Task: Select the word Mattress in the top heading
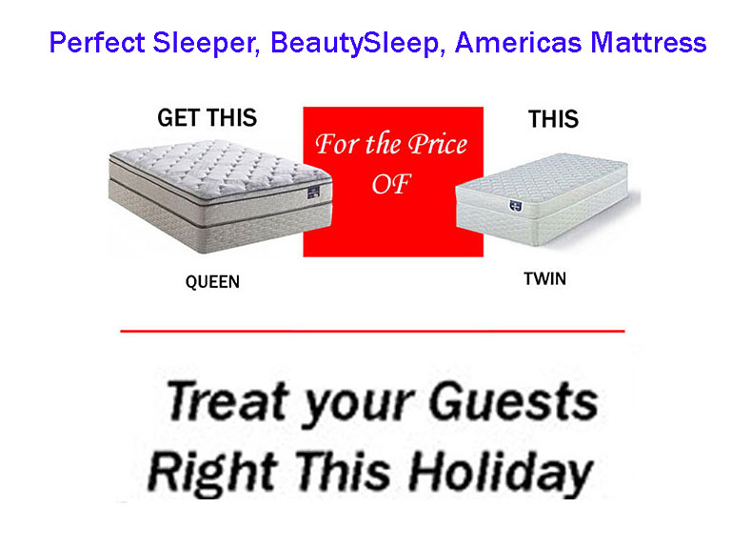tap(648, 42)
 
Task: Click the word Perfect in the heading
tap(97, 42)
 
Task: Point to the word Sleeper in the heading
tap(207, 44)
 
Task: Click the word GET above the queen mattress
tap(179, 118)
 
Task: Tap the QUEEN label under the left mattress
tap(212, 282)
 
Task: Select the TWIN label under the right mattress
tap(545, 278)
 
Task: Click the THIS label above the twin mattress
tap(553, 119)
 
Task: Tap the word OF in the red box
tap(391, 184)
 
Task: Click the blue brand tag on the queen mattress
tap(314, 193)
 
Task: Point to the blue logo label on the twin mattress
tap(515, 206)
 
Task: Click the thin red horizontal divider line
tap(372, 331)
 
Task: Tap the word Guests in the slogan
tap(513, 401)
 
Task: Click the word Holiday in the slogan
tap(501, 474)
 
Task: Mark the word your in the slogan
tap(358, 406)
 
